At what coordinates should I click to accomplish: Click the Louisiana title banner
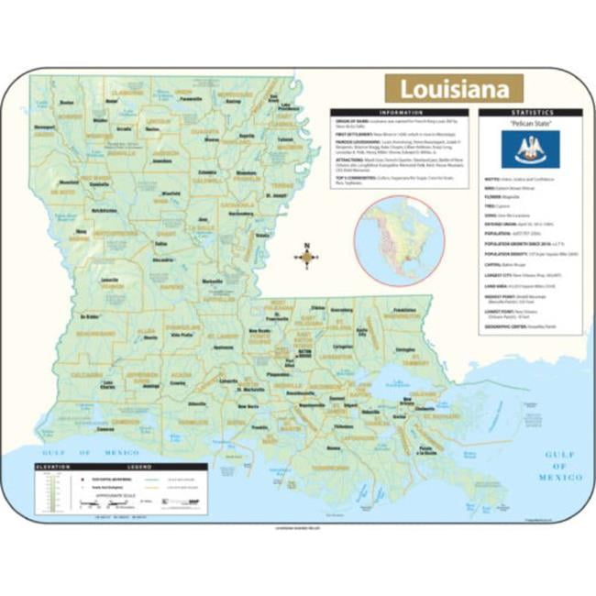(x=453, y=89)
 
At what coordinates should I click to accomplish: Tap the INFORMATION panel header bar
(x=401, y=112)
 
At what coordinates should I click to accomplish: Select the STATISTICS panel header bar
(x=529, y=112)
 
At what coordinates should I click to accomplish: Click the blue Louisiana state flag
(x=530, y=148)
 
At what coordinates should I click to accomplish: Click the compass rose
(x=307, y=258)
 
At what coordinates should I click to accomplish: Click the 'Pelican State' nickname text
(x=530, y=122)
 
